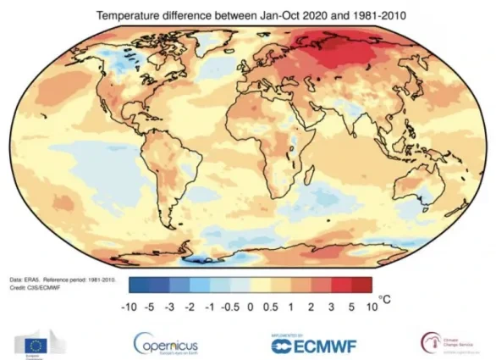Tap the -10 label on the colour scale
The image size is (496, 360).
click(130, 308)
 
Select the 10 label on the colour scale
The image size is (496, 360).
click(371, 308)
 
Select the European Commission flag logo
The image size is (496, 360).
click(35, 343)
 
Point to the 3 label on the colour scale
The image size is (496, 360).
click(332, 308)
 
